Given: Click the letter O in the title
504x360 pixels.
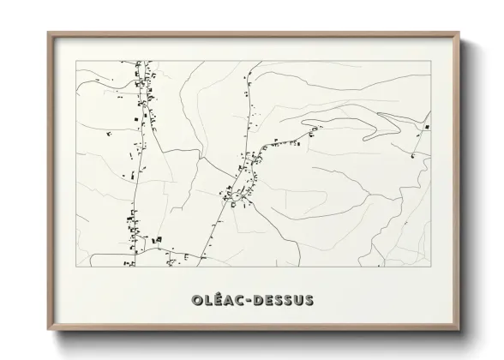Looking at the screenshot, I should [189, 300].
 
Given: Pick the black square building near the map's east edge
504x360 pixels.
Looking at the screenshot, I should [424, 127].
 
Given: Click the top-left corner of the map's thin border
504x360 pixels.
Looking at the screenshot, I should [77, 60].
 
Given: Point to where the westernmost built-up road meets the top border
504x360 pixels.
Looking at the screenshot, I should [140, 60].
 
